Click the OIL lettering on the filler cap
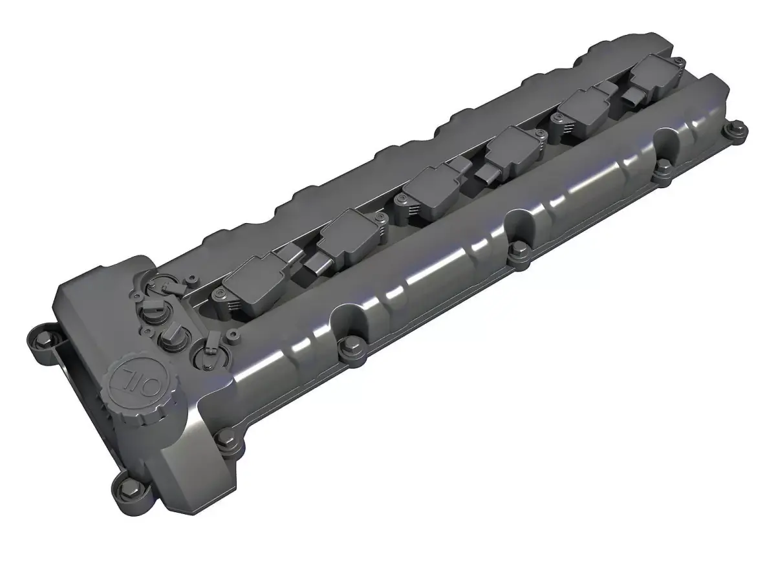tap(133, 371)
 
